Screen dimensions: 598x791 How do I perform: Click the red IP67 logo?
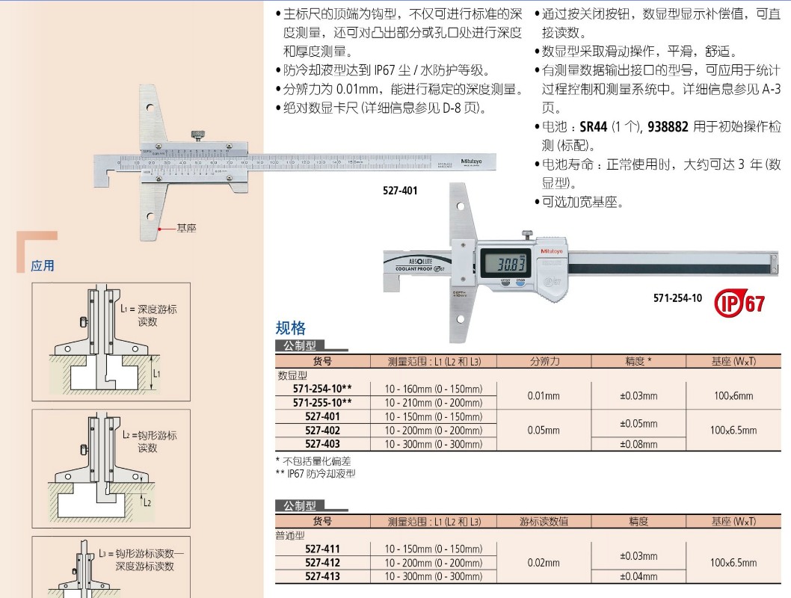[740, 303]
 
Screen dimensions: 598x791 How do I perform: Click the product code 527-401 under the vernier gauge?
[400, 191]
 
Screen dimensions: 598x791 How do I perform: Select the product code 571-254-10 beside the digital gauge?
[677, 298]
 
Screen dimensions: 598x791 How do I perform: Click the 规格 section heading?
[291, 327]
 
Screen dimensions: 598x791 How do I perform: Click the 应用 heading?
[43, 265]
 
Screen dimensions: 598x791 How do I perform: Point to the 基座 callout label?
[186, 228]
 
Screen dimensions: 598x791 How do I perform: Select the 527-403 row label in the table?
[322, 444]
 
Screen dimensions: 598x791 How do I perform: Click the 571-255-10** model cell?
[322, 402]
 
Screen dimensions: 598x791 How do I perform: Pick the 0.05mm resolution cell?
[544, 430]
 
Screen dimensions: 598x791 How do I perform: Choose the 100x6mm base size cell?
[732, 395]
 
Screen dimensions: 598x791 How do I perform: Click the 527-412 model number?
[322, 562]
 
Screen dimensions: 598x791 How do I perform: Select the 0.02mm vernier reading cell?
[544, 562]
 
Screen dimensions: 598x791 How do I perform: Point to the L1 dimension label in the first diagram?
[156, 372]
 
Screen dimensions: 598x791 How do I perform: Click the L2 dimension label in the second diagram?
[147, 502]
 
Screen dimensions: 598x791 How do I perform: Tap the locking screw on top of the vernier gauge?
[197, 135]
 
